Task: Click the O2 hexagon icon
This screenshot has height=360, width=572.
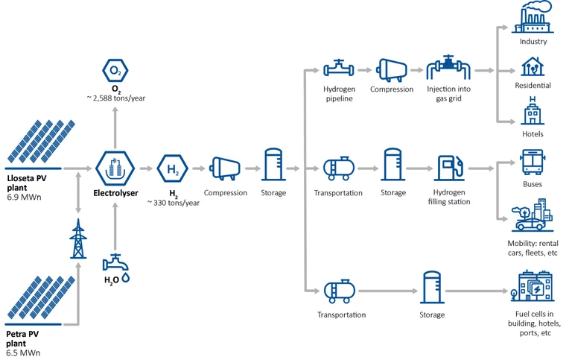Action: pos(115,71)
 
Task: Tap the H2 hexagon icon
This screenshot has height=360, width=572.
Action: pos(172,169)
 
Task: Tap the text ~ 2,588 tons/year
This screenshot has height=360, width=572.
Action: pos(115,98)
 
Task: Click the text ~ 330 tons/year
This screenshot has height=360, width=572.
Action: pos(173,203)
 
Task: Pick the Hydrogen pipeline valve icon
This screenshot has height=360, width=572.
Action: pos(339,69)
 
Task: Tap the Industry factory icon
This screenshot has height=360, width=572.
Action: pos(533,17)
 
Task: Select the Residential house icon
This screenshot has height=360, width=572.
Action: pos(533,66)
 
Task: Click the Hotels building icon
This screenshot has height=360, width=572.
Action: pos(533,112)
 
